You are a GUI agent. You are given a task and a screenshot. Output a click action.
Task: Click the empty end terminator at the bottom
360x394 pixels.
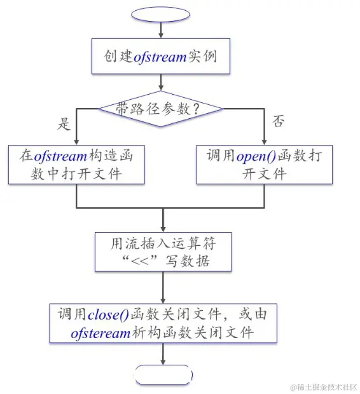point(164,374)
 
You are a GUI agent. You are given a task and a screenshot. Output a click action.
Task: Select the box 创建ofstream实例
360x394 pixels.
point(161,56)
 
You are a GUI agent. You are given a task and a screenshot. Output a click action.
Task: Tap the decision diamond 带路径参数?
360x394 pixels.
point(160,109)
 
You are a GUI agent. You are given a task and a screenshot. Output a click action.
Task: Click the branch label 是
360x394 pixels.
point(64,124)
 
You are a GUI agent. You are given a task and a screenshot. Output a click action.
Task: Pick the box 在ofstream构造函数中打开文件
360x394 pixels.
point(76,165)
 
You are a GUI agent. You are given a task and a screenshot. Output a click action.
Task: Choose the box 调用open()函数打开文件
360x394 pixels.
point(264,165)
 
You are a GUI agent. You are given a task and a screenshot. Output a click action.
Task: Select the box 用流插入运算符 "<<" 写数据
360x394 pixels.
point(163,252)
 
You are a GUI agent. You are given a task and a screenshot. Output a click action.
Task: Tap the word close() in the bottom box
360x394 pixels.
point(108,313)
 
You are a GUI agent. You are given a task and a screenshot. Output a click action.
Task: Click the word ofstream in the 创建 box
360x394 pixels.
point(160,56)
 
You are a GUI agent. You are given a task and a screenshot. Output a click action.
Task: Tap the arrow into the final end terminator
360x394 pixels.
point(163,355)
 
